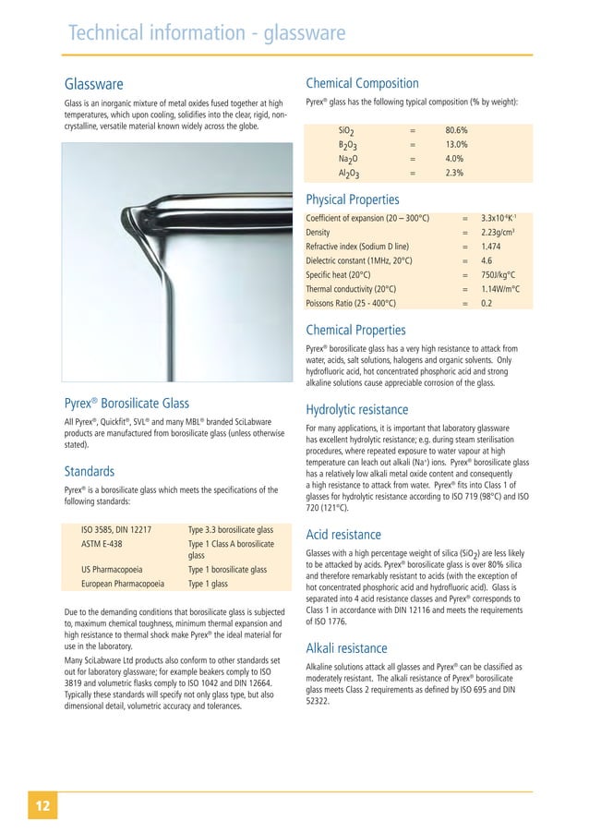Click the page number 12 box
point(42,805)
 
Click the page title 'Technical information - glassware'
point(207,34)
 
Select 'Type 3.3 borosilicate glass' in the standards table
point(230,530)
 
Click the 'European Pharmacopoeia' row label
point(123,585)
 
